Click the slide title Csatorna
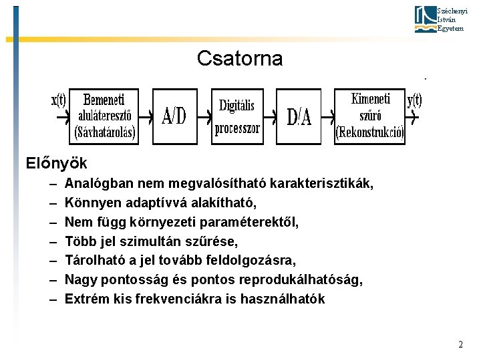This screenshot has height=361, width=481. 240,59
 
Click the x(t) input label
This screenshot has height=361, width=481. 59,101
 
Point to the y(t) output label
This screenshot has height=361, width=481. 414,100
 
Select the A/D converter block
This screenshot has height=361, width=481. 175,117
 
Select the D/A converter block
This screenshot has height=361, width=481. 299,117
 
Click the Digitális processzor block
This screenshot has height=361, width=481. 237,116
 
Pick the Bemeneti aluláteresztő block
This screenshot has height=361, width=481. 105,116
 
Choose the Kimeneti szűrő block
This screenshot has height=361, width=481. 369,116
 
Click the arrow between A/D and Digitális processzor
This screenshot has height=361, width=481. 204,117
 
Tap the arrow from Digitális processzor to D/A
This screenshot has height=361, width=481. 269,117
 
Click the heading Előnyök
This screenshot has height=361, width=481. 56,162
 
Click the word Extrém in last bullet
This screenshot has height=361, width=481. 86,299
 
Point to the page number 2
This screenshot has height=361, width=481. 460,344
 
